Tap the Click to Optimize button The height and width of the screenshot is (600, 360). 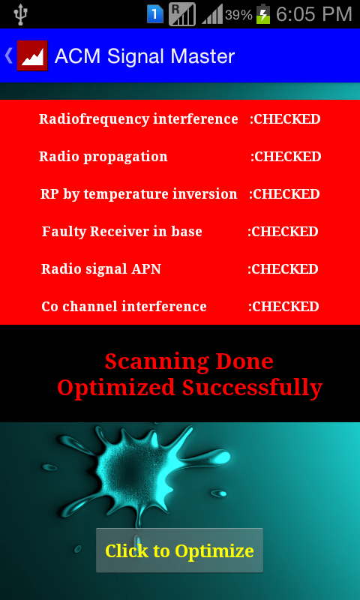pyautogui.click(x=179, y=550)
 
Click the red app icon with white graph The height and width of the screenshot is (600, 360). pyautogui.click(x=32, y=55)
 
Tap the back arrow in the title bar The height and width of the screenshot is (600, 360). pyautogui.click(x=8, y=55)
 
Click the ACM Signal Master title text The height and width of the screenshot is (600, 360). pyautogui.click(x=145, y=56)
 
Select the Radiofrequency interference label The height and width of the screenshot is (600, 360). pyautogui.click(x=139, y=119)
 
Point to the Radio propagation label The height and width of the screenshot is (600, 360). pyautogui.click(x=103, y=157)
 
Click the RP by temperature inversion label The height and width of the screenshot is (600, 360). pyautogui.click(x=139, y=194)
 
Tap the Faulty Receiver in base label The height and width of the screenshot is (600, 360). pyautogui.click(x=122, y=232)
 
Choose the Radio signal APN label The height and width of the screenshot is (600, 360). pyautogui.click(x=101, y=269)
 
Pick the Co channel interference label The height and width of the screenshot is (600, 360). pyautogui.click(x=124, y=307)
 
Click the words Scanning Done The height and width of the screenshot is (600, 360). pyautogui.click(x=189, y=361)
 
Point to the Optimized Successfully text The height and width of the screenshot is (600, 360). pyautogui.click(x=190, y=387)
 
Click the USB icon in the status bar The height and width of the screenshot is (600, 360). pyautogui.click(x=19, y=13)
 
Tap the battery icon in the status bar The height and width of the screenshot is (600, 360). pyautogui.click(x=263, y=14)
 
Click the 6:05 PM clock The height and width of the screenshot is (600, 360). pyautogui.click(x=313, y=14)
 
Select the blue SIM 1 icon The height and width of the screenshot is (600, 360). pyautogui.click(x=155, y=14)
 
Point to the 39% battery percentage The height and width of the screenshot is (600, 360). pyautogui.click(x=238, y=15)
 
